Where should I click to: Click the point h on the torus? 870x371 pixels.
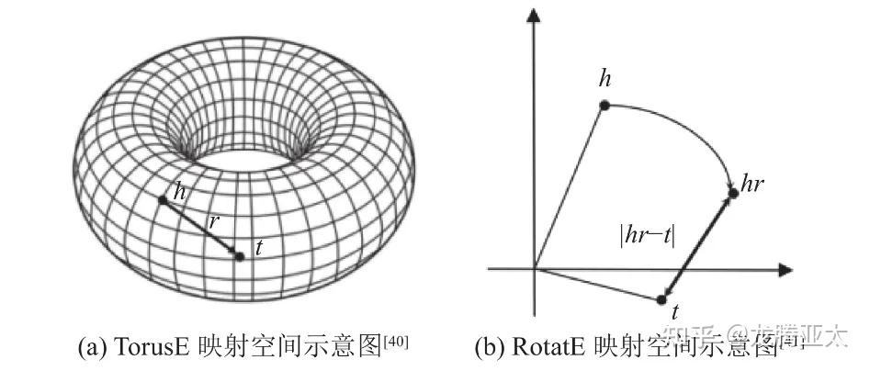pos(164,199)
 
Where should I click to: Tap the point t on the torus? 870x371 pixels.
pos(240,256)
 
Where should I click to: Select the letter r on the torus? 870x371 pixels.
pos(213,220)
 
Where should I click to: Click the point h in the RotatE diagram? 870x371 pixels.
pos(604,105)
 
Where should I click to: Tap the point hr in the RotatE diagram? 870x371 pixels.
pos(733,193)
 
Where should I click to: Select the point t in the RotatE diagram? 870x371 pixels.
pos(662,299)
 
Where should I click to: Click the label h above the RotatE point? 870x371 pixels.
pos(604,79)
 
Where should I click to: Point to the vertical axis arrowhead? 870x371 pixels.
pos(533,16)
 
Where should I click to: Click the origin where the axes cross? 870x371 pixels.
pos(533,269)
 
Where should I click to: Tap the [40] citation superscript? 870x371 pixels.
pos(396,342)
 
